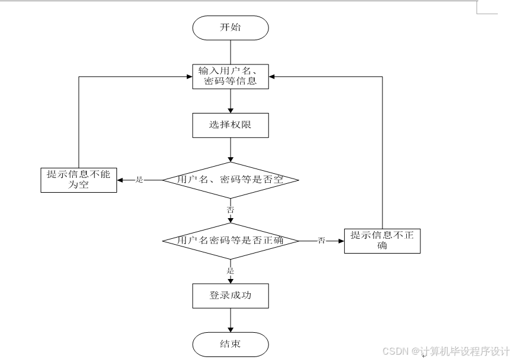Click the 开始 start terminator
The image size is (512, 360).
pos(231,27)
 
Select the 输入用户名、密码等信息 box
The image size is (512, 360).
pos(231,76)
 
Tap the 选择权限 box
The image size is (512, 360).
pos(231,125)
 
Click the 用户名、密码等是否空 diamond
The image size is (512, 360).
pos(231,179)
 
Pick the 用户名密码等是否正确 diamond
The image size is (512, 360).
pos(231,240)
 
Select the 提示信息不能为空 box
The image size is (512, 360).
pos(79,180)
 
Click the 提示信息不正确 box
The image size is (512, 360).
pos(382,241)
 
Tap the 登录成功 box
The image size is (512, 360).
pos(231,296)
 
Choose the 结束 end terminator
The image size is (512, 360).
pos(231,344)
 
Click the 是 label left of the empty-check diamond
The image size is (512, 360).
pos(140,180)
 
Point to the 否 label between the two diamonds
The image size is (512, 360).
pos(231,209)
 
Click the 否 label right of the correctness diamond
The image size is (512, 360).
pos(322,241)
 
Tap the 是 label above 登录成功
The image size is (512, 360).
pos(231,271)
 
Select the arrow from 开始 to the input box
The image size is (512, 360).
pos(231,52)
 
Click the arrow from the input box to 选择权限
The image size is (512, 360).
pos(231,101)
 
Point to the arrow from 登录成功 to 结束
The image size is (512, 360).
pos(231,320)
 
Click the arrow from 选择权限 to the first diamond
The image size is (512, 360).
pos(231,150)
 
